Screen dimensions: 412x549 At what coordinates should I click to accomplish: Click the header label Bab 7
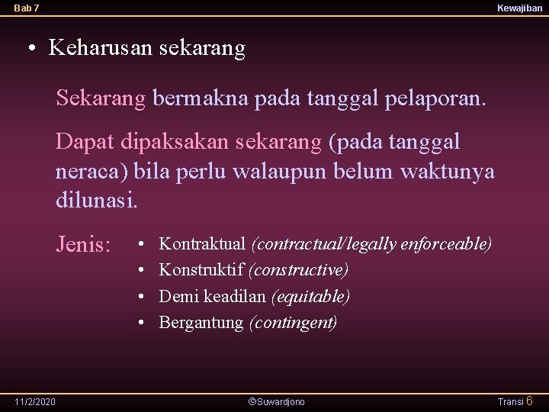[27, 8]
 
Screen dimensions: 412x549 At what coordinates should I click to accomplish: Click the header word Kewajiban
[519, 8]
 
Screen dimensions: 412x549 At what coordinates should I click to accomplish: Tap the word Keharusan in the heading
[101, 49]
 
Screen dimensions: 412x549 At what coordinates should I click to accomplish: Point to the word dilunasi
[97, 201]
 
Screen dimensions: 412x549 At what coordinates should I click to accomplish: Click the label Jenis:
[84, 245]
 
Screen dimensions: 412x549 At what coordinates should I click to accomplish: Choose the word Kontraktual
[202, 244]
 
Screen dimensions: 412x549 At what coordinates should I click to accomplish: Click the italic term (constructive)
[299, 270]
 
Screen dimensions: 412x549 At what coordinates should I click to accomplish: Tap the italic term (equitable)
[310, 296]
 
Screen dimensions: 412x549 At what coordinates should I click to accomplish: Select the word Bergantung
[201, 322]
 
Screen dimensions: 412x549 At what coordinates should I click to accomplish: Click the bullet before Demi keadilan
[142, 296]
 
